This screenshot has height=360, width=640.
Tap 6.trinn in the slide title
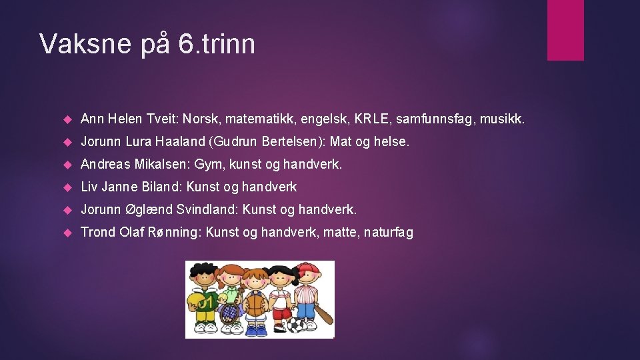pyautogui.click(x=217, y=44)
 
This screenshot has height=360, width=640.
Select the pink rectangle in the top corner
pyautogui.click(x=565, y=30)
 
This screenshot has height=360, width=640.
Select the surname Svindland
pyautogui.click(x=201, y=210)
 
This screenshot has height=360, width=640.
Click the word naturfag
pyautogui.click(x=385, y=232)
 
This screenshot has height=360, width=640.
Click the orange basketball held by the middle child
pyautogui.click(x=256, y=304)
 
